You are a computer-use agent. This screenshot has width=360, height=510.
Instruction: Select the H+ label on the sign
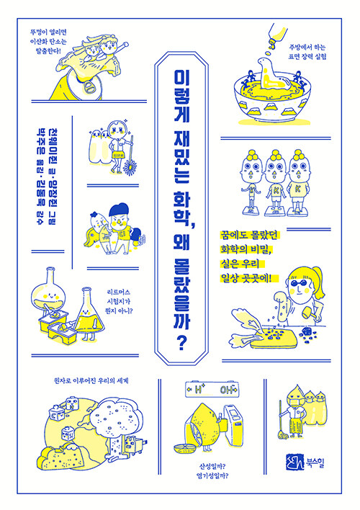[x=199, y=390]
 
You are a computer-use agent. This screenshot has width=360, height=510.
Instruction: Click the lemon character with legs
[x=202, y=426]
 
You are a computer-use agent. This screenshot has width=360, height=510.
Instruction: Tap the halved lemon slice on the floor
[x=183, y=449]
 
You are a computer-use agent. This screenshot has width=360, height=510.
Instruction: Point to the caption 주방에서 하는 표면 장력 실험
[x=307, y=52]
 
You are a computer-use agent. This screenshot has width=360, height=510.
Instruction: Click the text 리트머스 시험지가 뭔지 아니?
[x=117, y=301]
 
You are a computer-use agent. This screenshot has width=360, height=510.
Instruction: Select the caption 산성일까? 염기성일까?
[x=212, y=471]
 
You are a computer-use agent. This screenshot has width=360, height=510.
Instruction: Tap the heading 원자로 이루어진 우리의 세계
[x=91, y=380]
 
